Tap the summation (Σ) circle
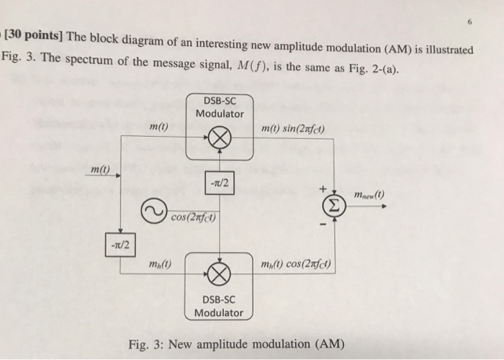[x=333, y=207]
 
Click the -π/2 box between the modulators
[x=220, y=182]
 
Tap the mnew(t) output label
[x=370, y=195]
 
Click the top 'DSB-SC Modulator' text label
[x=220, y=107]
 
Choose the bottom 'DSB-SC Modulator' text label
[x=219, y=305]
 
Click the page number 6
[x=469, y=22]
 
